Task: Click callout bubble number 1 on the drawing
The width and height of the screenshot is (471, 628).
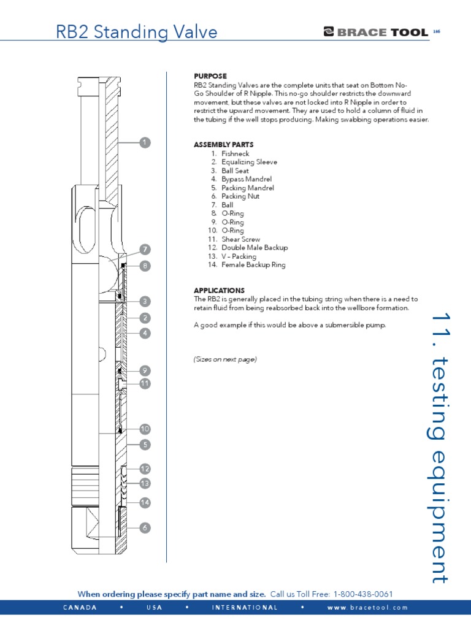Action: click(x=145, y=142)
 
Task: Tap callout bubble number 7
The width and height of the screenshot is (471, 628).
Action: click(x=145, y=250)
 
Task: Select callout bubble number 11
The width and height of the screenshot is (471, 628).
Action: click(x=145, y=383)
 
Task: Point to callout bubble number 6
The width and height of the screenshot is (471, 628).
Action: click(x=145, y=527)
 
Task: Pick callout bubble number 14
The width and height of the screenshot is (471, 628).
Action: click(x=145, y=502)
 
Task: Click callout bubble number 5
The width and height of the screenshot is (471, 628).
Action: click(x=145, y=444)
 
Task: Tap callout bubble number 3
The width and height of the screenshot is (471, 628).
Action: click(x=145, y=301)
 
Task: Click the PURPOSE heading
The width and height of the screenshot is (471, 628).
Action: click(x=210, y=76)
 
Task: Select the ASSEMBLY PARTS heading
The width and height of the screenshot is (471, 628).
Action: click(x=223, y=145)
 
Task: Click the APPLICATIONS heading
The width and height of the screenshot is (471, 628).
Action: click(x=219, y=290)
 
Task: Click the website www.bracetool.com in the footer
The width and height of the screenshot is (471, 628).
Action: click(x=367, y=608)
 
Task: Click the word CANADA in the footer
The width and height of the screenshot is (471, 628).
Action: click(x=80, y=608)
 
